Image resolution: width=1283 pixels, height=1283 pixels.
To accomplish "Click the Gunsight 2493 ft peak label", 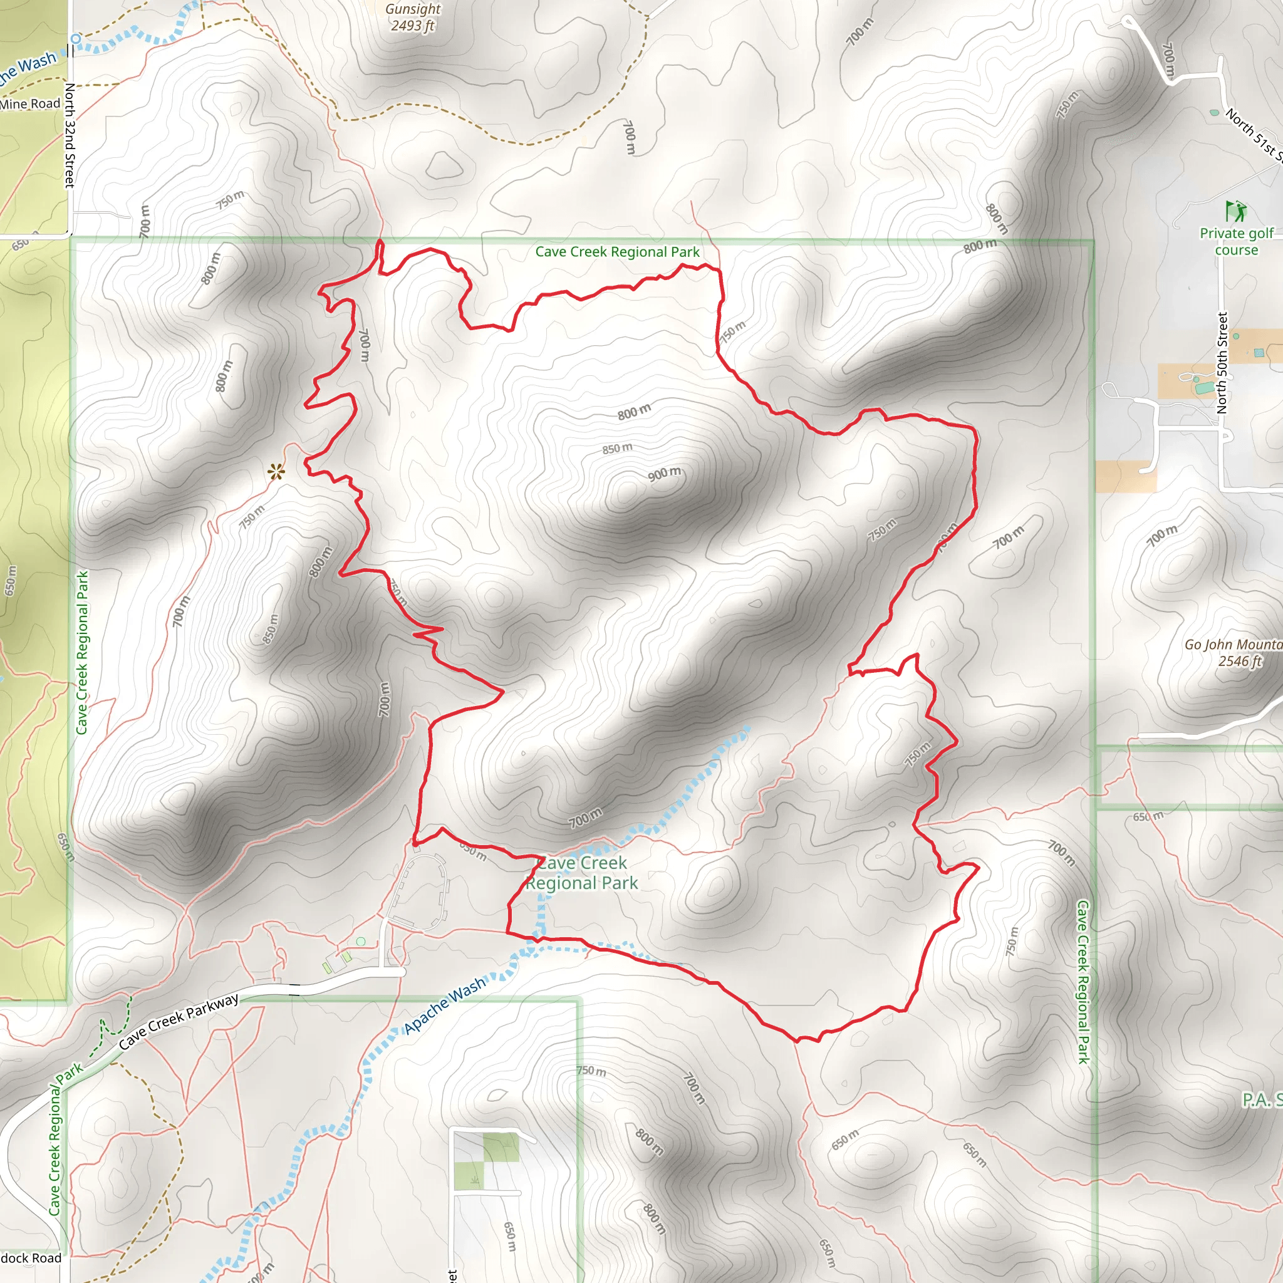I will click(x=412, y=18).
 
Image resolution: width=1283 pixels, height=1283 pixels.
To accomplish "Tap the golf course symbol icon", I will click(x=1235, y=211).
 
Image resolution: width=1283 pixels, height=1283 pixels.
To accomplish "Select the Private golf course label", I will click(x=1236, y=241).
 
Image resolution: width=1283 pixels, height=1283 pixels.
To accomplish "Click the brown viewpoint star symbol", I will click(x=276, y=472).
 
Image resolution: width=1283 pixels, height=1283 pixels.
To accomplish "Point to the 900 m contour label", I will click(x=665, y=474).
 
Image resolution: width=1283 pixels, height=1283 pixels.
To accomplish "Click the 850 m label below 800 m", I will click(x=617, y=449).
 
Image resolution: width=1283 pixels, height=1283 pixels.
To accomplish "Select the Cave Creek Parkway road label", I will click(x=179, y=1021).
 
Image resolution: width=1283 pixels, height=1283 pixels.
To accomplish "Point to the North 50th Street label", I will click(x=1221, y=363).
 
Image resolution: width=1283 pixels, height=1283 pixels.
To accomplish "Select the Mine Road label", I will click(x=30, y=104).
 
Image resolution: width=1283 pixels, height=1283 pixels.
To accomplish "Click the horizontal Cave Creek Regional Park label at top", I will click(x=617, y=252).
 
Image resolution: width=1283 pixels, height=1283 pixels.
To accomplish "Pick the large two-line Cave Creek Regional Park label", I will click(x=582, y=873).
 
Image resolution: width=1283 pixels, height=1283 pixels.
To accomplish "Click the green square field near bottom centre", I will click(x=501, y=1148).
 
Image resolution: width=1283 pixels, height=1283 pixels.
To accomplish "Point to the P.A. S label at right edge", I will click(x=1262, y=1100).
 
